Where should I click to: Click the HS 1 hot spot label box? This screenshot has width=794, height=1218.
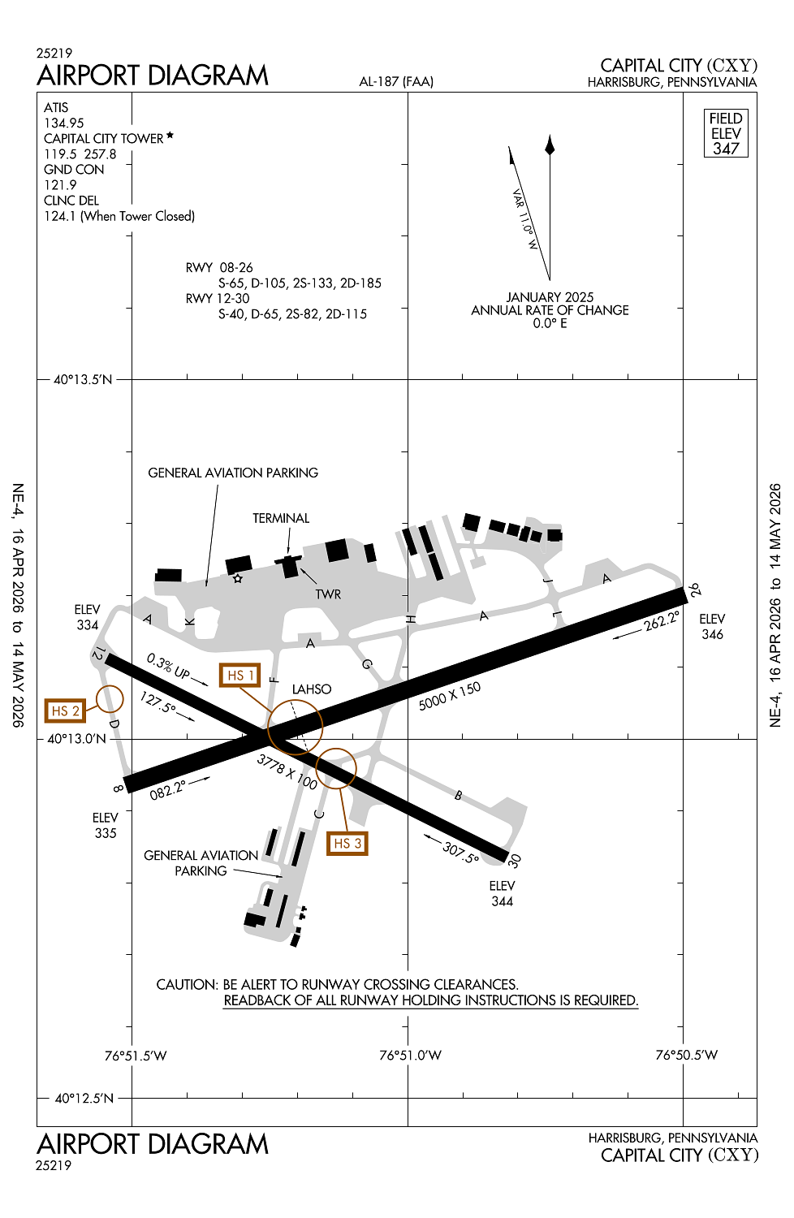(x=240, y=676)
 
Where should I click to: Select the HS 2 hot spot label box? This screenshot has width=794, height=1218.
(x=65, y=711)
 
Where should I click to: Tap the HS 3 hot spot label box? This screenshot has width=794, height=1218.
(x=347, y=844)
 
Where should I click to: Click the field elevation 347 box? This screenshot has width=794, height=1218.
(x=726, y=134)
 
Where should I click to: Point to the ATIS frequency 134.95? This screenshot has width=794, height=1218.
(x=64, y=123)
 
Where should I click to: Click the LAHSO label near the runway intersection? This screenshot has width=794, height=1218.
(x=312, y=689)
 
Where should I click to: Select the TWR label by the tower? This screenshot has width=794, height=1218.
(x=328, y=594)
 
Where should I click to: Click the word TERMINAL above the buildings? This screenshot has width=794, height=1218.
(x=281, y=518)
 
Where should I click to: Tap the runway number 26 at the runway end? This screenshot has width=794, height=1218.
(x=694, y=590)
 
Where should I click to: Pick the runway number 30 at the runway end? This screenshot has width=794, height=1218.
(x=514, y=860)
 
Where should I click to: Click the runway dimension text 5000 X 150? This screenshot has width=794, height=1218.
(x=450, y=696)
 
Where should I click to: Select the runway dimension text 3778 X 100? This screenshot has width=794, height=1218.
(x=287, y=771)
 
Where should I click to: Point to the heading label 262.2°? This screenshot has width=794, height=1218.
(x=662, y=621)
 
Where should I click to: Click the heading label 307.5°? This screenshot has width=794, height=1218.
(x=461, y=852)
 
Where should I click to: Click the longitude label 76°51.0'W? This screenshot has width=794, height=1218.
(x=410, y=1056)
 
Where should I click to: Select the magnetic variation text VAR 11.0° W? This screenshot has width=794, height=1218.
(x=524, y=219)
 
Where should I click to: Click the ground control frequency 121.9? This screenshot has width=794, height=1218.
(x=60, y=185)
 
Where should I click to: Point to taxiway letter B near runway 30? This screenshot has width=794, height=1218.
(x=458, y=796)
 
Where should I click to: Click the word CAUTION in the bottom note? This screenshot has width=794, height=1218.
(x=187, y=985)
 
